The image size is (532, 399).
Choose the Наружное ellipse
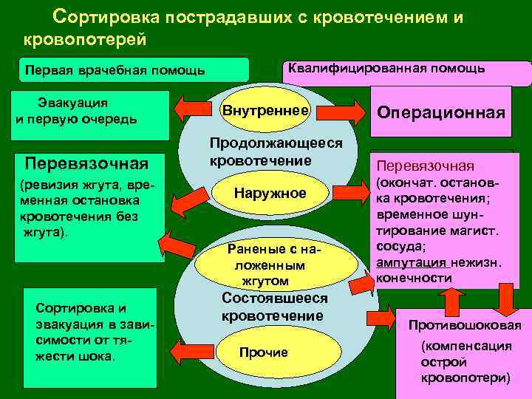(x=270, y=194)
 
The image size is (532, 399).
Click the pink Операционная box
(x=441, y=112)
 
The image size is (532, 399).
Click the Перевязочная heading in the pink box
(x=426, y=166)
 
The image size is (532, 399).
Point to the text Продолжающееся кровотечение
(x=276, y=151)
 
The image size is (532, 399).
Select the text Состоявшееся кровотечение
(x=274, y=307)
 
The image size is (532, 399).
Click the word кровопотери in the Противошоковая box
(x=465, y=377)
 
